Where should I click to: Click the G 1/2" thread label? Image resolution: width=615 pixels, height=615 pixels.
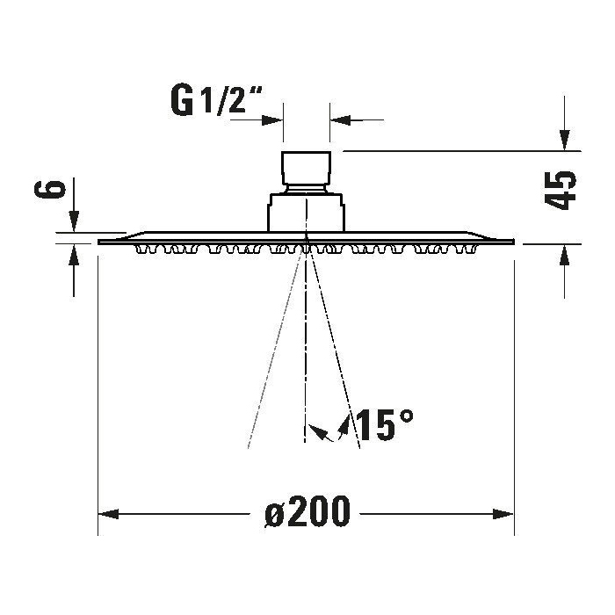[x=217, y=101]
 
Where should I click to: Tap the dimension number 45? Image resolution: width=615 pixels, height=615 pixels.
[x=561, y=191]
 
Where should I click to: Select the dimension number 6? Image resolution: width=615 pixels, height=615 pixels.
[x=50, y=190]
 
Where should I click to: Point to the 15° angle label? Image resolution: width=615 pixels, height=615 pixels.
[x=385, y=425]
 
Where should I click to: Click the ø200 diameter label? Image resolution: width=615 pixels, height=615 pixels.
[x=307, y=511]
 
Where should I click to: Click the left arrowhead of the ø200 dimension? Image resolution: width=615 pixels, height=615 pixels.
[x=108, y=514]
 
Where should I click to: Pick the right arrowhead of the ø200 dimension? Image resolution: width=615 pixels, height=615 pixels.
[x=503, y=514]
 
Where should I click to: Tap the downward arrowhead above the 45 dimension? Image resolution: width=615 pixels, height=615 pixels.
[x=564, y=141]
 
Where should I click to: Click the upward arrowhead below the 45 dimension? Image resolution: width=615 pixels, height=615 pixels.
[x=564, y=254]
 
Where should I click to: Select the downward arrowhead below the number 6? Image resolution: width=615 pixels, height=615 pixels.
[x=74, y=221]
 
